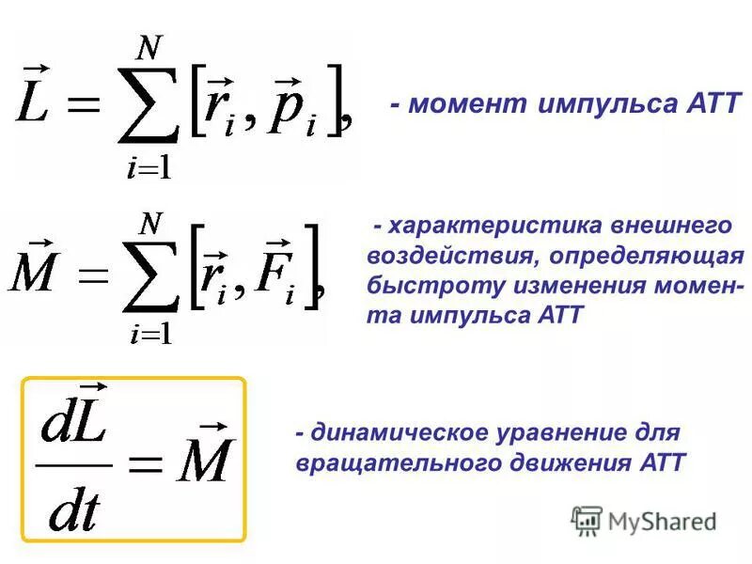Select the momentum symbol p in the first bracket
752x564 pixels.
[288, 111]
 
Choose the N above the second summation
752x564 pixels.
[150, 223]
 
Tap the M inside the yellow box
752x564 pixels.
[203, 460]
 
